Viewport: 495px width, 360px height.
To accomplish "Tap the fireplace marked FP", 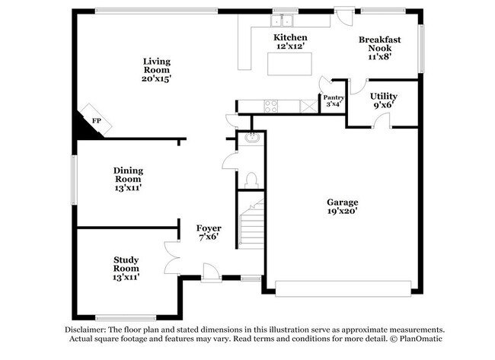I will coord(97,120).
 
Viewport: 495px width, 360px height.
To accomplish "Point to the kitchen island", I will coord(290,65).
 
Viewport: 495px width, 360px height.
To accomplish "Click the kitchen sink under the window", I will coord(286,21).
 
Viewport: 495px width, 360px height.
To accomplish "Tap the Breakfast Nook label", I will coord(379,46).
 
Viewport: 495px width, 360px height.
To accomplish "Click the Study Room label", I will coord(126,268).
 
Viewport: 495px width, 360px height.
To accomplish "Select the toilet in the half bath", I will coord(252,180).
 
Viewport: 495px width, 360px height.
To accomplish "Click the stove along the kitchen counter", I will coord(270,107).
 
